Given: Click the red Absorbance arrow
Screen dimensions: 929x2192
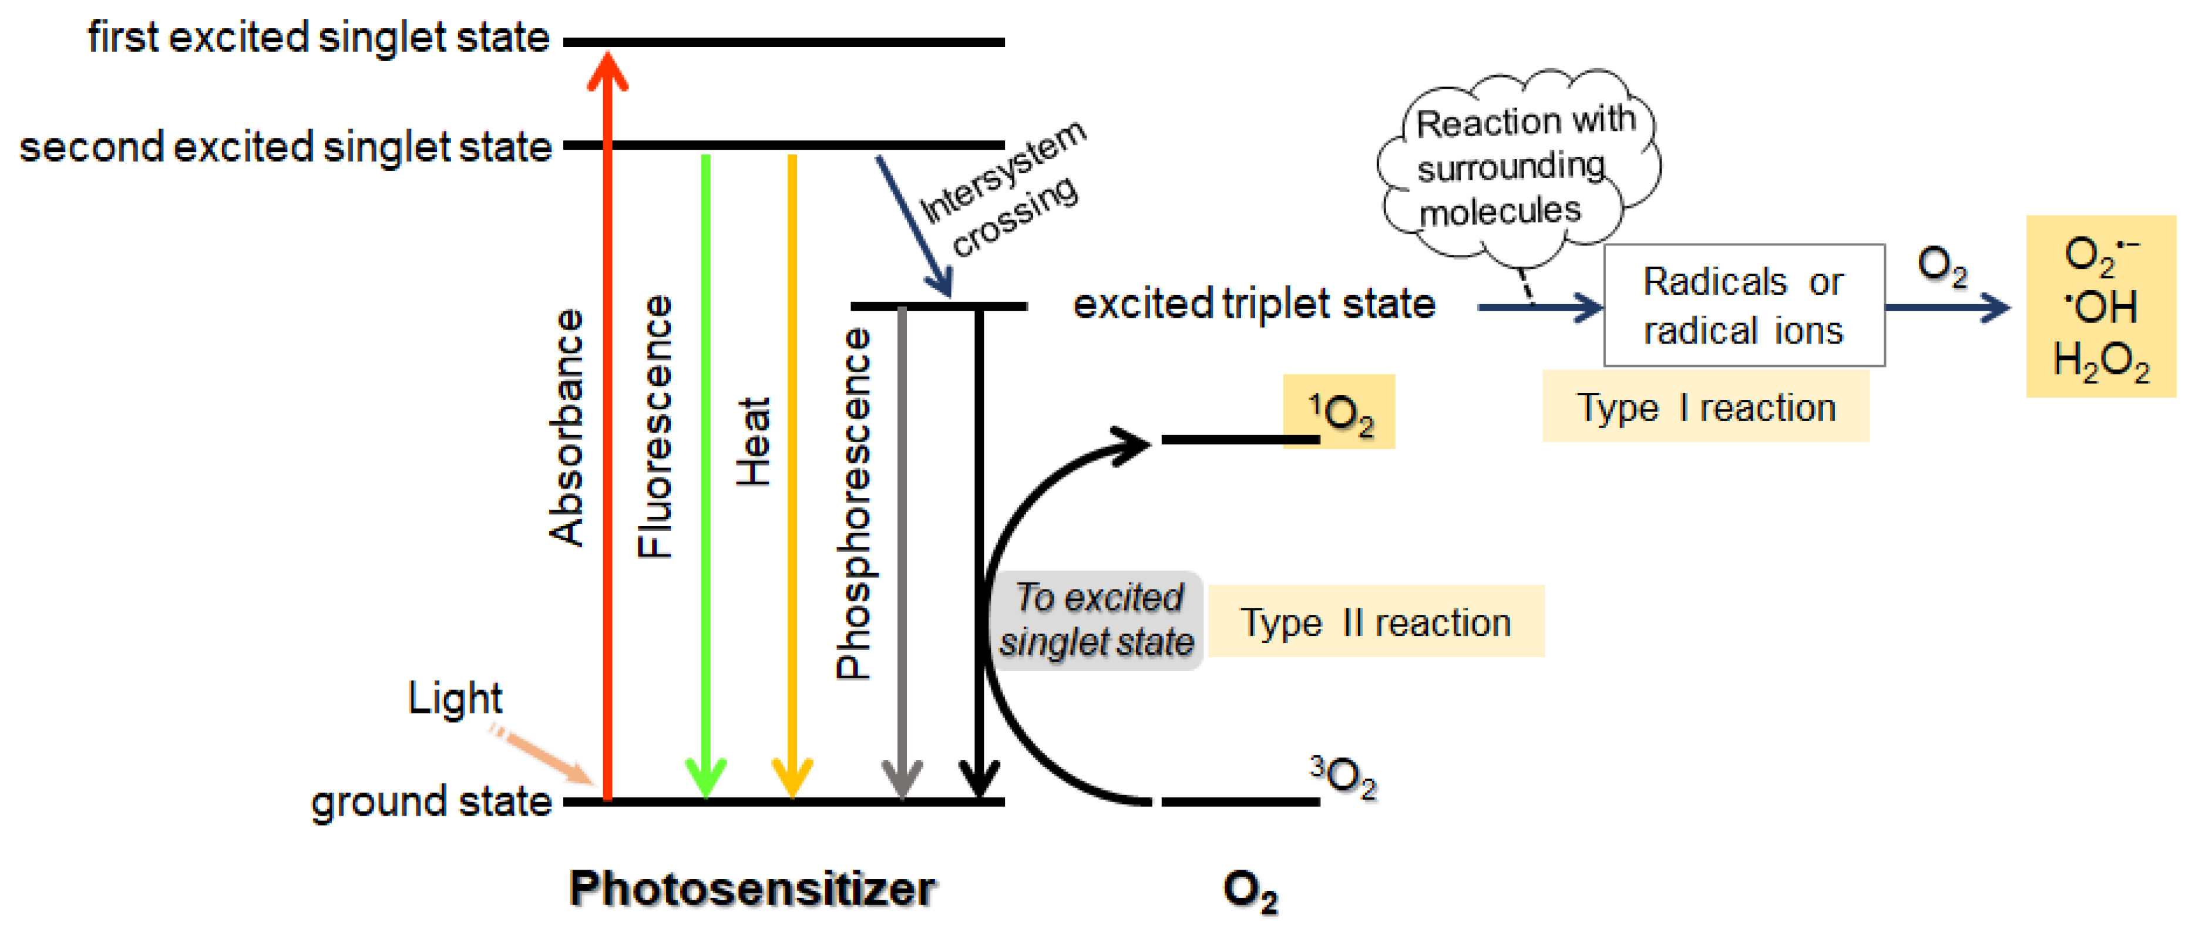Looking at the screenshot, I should (607, 425).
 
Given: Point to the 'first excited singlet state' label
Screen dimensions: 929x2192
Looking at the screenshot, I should (318, 38).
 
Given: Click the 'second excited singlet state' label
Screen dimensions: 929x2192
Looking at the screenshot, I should (285, 147).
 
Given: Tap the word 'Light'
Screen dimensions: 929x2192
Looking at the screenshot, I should (455, 698).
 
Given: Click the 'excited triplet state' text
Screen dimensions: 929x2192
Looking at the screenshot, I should (1253, 304).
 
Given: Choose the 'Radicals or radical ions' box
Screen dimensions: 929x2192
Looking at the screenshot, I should (1744, 305).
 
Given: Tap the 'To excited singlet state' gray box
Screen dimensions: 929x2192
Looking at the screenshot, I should (1097, 620).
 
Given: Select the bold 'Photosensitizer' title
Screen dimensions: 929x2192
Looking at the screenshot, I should (752, 889).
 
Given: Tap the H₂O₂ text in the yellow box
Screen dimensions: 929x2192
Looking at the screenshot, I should (2100, 362).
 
